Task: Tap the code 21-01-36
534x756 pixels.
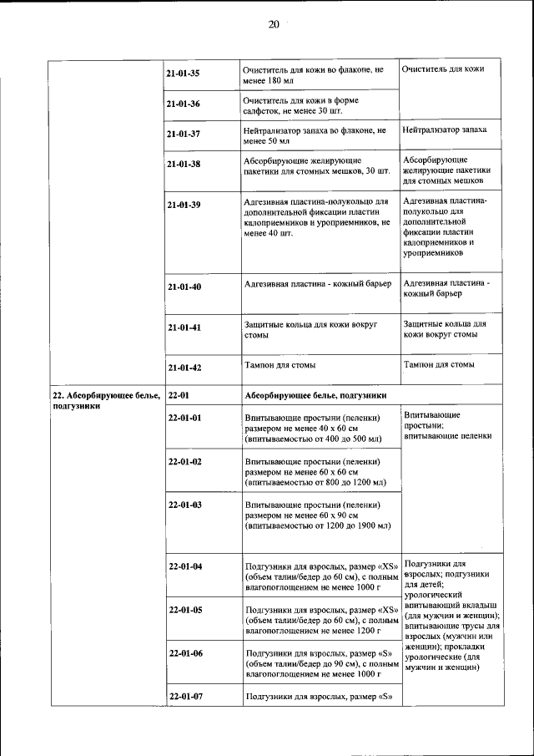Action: (x=183, y=104)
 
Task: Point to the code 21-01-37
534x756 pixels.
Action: (x=183, y=134)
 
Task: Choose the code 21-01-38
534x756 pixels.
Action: (x=183, y=165)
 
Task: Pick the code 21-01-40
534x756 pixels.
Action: (x=184, y=287)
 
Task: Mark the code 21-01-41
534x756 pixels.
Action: (x=184, y=328)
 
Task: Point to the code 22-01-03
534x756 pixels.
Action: (x=185, y=505)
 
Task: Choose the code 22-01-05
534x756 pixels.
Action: (x=185, y=610)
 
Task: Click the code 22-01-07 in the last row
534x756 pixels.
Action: (x=185, y=695)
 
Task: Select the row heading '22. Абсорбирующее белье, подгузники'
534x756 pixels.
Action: (x=105, y=400)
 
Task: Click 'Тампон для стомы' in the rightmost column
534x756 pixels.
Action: (x=439, y=365)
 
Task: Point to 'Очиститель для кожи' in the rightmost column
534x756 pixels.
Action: (x=441, y=68)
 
